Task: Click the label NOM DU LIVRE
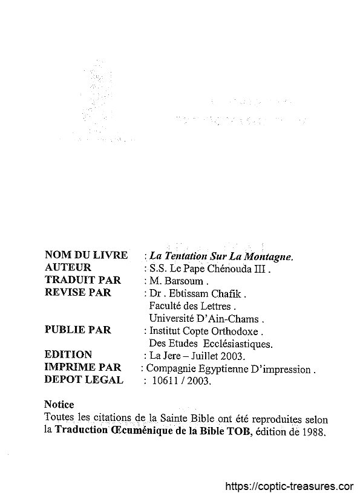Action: tap(86, 255)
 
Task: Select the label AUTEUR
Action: tap(68, 267)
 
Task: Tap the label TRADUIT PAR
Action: tap(83, 280)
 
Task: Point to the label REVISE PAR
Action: tap(78, 292)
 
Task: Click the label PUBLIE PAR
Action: tap(78, 330)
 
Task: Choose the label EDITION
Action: tap(68, 354)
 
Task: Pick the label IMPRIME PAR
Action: tap(83, 367)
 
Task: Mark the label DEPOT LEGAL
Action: tap(84, 380)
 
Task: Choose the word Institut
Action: tap(163, 331)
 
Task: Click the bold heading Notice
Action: tap(59, 404)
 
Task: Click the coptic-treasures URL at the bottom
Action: tap(289, 486)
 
